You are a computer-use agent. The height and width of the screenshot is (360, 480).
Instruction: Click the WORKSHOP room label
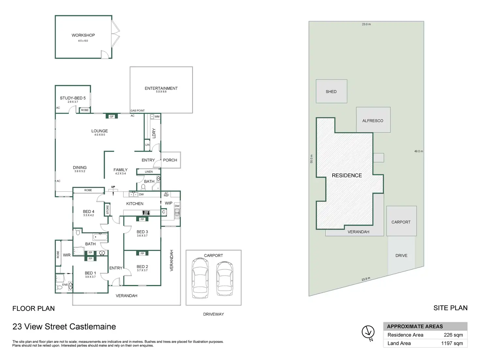pyautogui.click(x=83, y=35)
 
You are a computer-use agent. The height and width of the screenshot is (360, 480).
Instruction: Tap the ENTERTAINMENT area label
pyautogui.click(x=161, y=88)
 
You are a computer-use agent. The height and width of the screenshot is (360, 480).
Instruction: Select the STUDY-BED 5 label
pyautogui.click(x=73, y=98)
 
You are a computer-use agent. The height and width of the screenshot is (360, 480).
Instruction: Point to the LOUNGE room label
pyautogui.click(x=99, y=131)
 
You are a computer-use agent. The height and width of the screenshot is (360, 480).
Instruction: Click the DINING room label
pyautogui.click(x=80, y=168)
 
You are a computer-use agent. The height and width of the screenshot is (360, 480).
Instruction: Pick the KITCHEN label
pyautogui.click(x=135, y=203)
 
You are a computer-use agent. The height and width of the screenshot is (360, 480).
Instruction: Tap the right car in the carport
pyautogui.click(x=225, y=278)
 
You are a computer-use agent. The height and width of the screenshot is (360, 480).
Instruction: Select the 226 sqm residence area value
pyautogui.click(x=453, y=335)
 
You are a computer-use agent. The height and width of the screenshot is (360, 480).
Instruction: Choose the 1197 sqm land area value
pyautogui.click(x=452, y=343)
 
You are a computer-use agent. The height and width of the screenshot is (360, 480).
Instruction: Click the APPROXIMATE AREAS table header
pyautogui.click(x=415, y=326)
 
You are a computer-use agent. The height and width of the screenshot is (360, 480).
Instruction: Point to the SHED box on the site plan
pyautogui.click(x=331, y=91)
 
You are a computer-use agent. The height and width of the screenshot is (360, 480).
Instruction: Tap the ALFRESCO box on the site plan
pyautogui.click(x=373, y=120)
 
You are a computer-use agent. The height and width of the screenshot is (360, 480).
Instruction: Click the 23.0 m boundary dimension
pyautogui.click(x=366, y=24)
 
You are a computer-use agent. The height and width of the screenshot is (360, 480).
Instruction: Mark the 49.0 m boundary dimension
pyautogui.click(x=419, y=151)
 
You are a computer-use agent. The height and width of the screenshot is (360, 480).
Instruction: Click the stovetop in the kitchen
pyautogui.click(x=146, y=213)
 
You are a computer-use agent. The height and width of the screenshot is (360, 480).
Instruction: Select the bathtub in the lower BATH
pyautogui.click(x=100, y=237)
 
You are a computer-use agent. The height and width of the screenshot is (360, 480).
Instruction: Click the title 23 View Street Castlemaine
pyautogui.click(x=64, y=327)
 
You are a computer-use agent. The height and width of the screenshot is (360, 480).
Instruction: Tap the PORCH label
pyautogui.click(x=170, y=160)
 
